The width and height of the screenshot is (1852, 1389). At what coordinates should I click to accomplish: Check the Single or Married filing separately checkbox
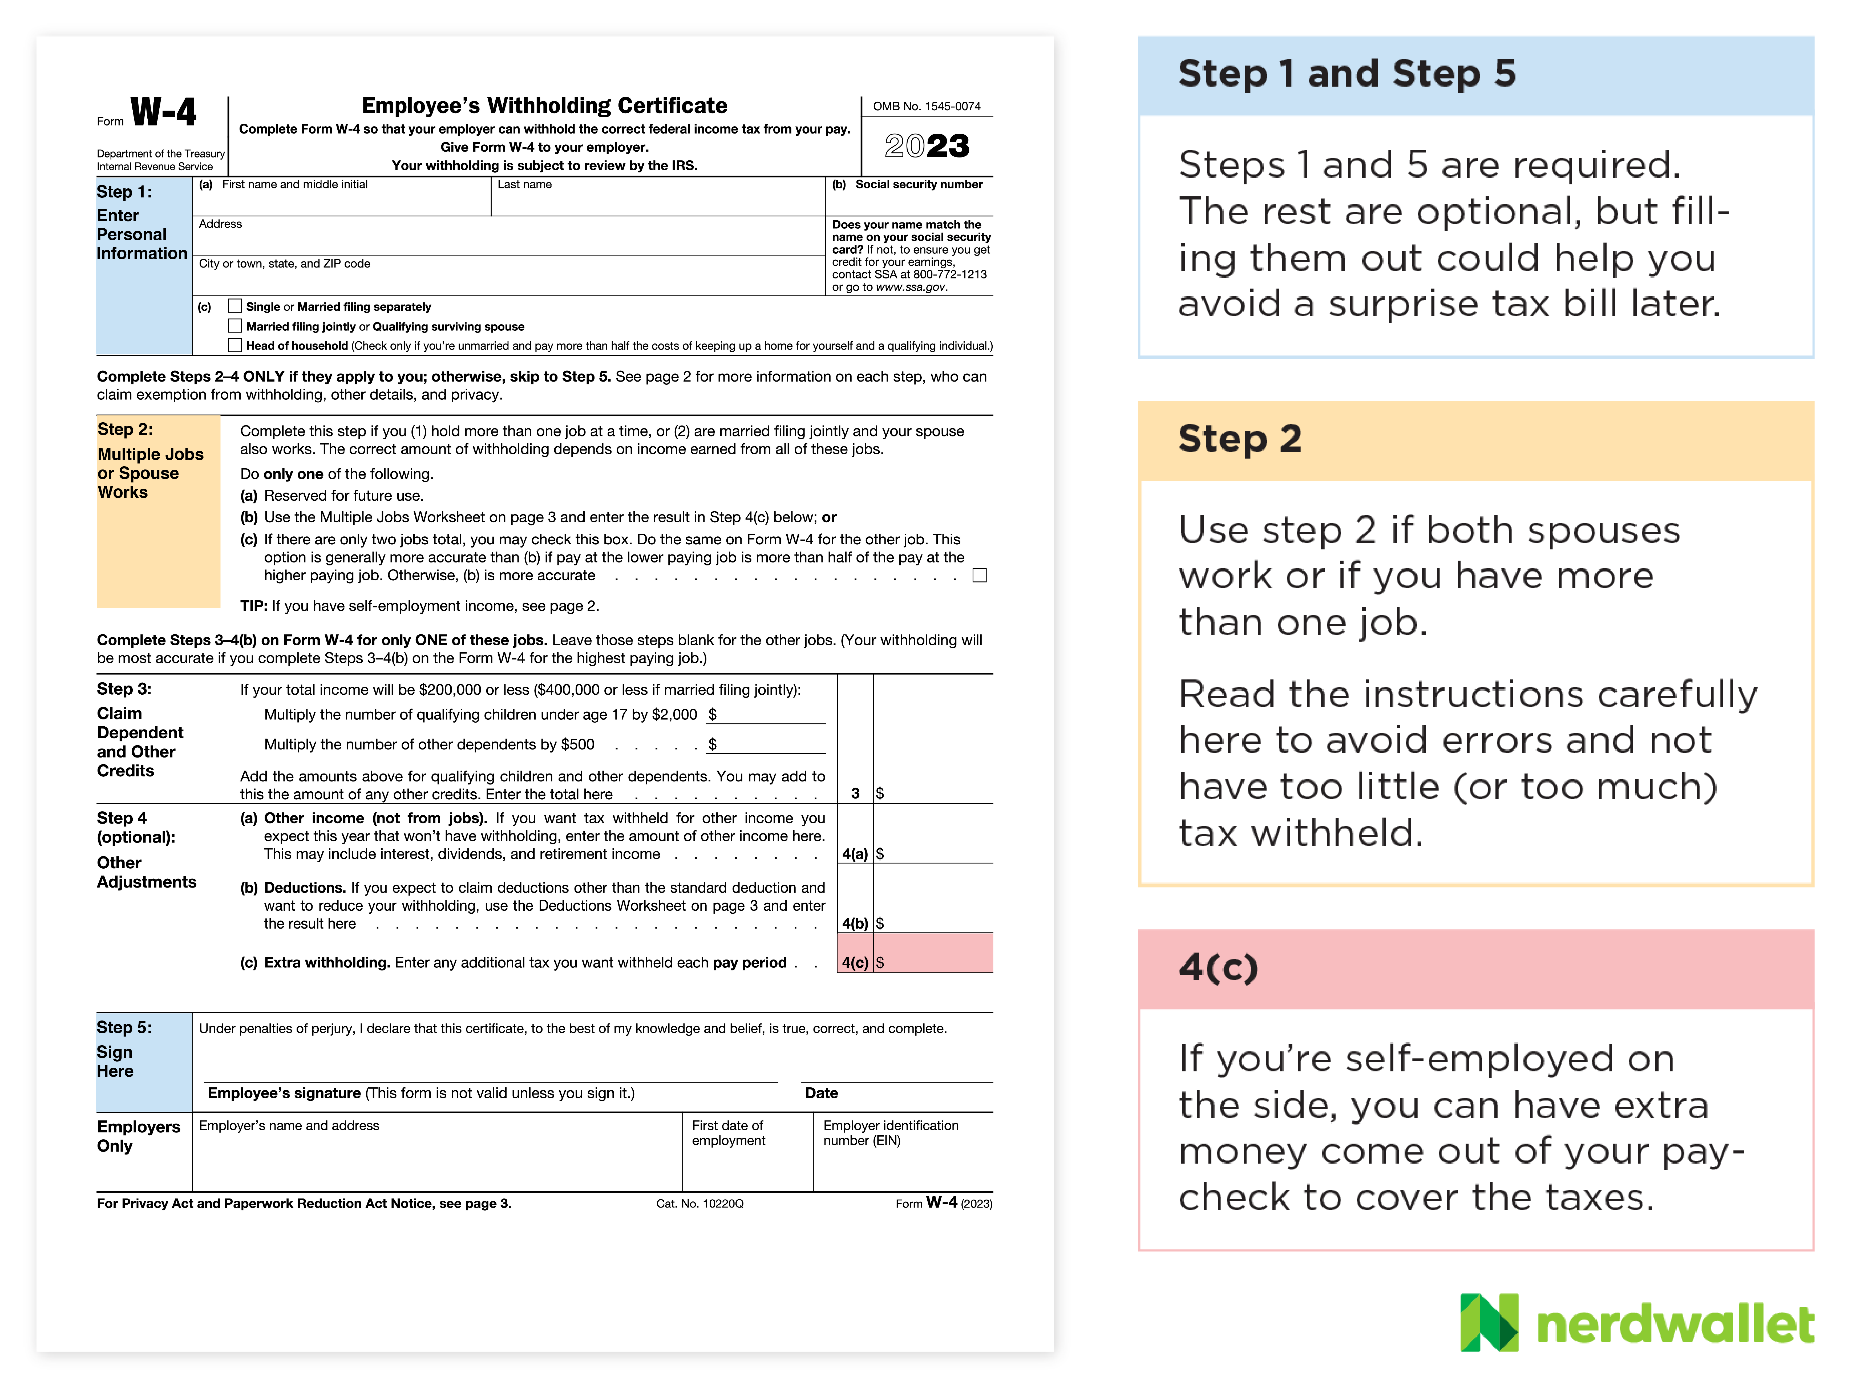(x=235, y=306)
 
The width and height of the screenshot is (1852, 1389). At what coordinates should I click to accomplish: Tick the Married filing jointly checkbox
(x=235, y=326)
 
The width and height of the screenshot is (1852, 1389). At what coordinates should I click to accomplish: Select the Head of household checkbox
(x=235, y=345)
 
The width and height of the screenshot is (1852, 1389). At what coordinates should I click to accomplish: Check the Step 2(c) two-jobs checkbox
(x=980, y=575)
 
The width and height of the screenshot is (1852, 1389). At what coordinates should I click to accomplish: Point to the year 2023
(x=927, y=147)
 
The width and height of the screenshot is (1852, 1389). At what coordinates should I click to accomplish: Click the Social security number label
(x=919, y=184)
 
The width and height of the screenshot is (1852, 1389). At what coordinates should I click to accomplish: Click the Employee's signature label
(x=284, y=1093)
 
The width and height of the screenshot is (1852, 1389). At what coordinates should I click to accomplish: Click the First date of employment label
(x=727, y=1133)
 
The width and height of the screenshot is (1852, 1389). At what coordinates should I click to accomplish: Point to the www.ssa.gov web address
(x=911, y=287)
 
